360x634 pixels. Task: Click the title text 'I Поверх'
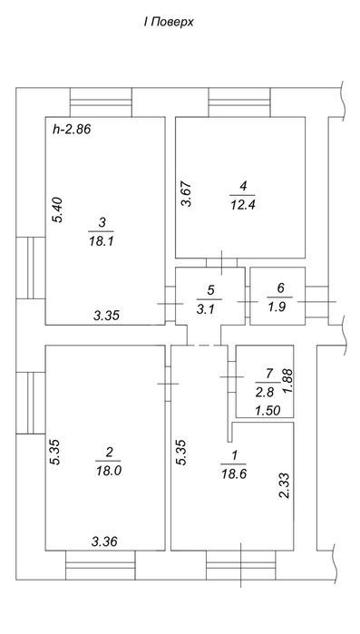[x=169, y=23]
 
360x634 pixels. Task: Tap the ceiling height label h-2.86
[x=72, y=130]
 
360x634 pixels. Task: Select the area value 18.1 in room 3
[x=101, y=242]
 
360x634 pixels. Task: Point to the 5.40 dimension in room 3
[x=58, y=210]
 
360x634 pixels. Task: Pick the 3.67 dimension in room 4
[x=187, y=194]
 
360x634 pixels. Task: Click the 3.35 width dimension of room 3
[x=107, y=316]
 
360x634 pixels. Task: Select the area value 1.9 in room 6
[x=277, y=307]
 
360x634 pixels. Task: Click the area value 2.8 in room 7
[x=265, y=392]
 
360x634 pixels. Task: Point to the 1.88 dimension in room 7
[x=287, y=381]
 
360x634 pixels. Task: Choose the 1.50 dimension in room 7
[x=268, y=411]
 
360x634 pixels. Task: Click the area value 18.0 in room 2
[x=108, y=471]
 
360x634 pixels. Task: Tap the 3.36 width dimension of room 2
[x=104, y=541]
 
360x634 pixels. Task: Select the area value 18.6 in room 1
[x=234, y=473]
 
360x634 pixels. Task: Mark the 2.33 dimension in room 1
[x=286, y=486]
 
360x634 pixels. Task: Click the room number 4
[x=243, y=187]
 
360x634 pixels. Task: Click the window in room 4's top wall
[x=239, y=102]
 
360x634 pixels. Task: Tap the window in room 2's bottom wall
[x=101, y=565]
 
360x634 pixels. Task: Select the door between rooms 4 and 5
[x=222, y=262]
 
